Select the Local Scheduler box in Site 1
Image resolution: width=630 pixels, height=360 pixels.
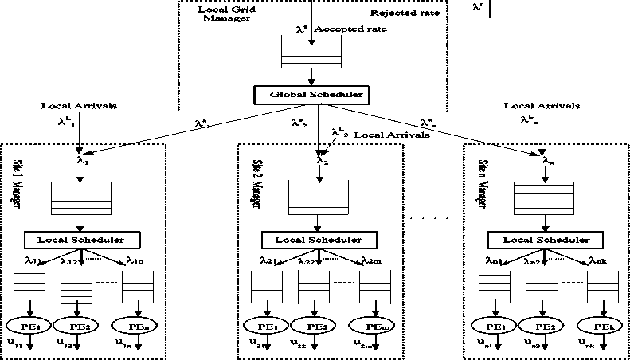81,239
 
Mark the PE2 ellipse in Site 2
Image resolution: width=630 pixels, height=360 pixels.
312,327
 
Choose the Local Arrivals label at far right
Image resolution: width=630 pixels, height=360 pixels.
542,105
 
